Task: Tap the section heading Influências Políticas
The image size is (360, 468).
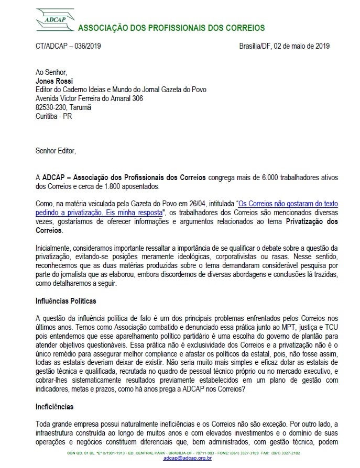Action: (66, 302)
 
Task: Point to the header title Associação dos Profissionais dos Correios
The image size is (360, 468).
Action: (171, 28)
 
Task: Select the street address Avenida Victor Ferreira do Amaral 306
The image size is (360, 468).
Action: (89, 98)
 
